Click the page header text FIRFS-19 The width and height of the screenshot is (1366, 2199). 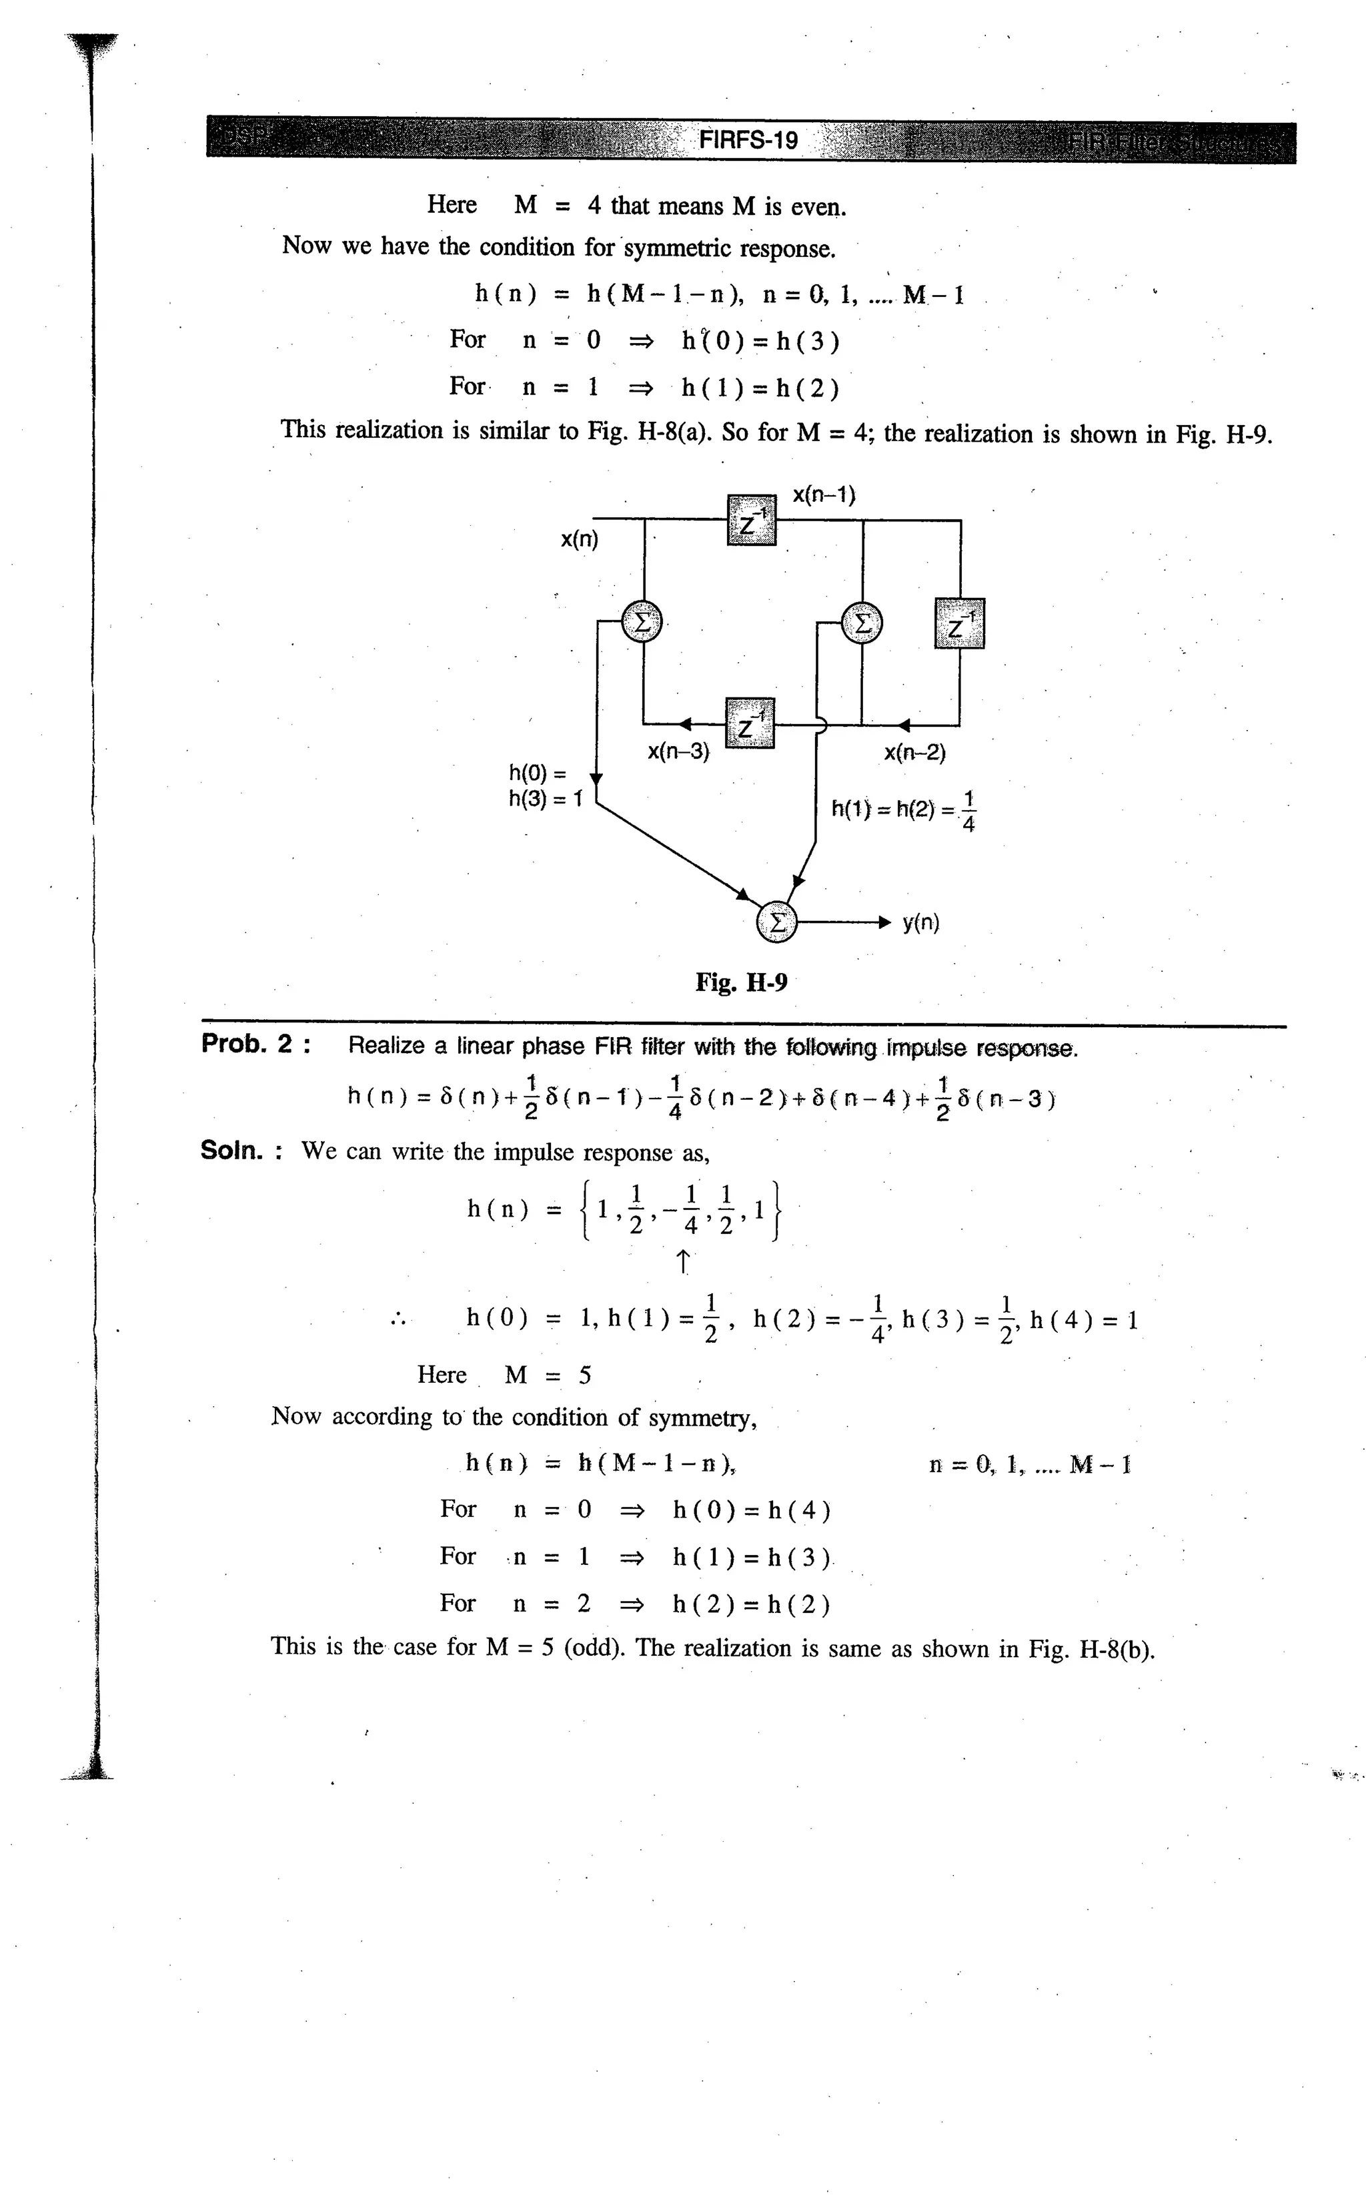(x=748, y=140)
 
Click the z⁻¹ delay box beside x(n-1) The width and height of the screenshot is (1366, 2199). (x=751, y=521)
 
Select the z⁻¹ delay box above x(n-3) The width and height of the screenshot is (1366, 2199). (x=750, y=723)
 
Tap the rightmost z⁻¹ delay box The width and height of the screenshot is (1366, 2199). (x=959, y=623)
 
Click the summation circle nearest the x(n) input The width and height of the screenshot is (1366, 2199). (x=642, y=623)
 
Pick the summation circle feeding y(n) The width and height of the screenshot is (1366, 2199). (x=777, y=922)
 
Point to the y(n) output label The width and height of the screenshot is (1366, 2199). (x=920, y=923)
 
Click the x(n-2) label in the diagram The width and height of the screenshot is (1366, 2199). (x=914, y=752)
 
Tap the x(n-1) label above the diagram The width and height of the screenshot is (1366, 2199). (x=824, y=495)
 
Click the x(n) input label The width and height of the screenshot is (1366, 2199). (x=579, y=540)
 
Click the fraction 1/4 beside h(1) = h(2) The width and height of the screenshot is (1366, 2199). (x=968, y=811)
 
